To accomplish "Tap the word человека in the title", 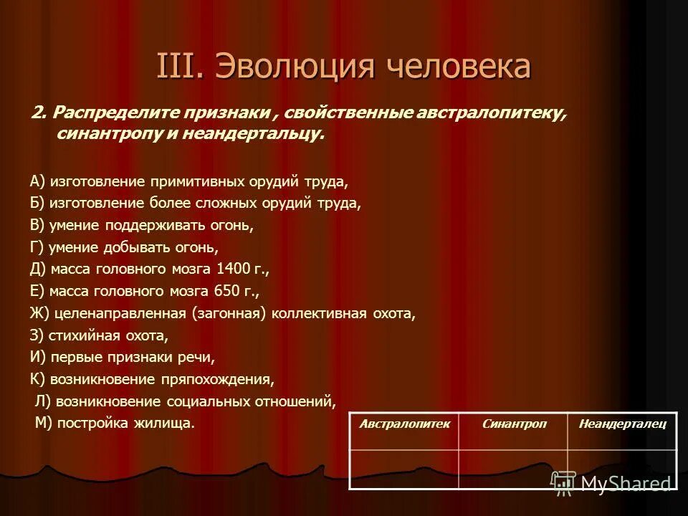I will pos(459,67).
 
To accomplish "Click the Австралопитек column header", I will pos(403,424).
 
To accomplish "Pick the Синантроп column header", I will pos(513,424).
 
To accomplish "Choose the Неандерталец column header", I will pos(621,424).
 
